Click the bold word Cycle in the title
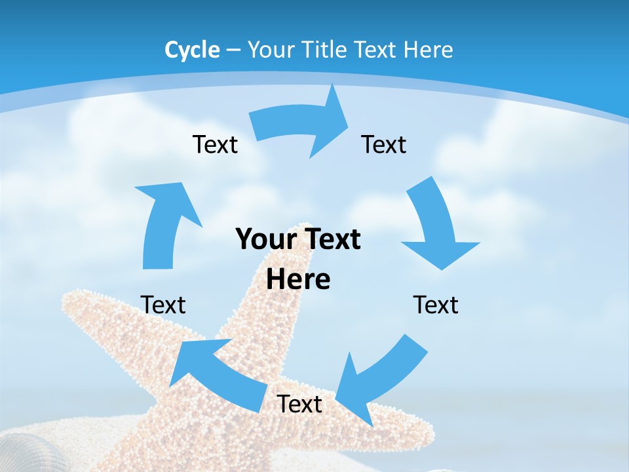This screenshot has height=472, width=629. point(192,50)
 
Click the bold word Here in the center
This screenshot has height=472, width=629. point(298,279)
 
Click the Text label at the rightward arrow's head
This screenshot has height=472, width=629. point(384,144)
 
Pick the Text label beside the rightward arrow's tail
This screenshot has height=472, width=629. point(215,144)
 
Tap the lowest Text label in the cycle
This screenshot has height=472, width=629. point(299,404)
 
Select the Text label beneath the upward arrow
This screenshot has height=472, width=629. point(163,305)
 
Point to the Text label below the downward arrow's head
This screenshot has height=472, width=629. point(436,305)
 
